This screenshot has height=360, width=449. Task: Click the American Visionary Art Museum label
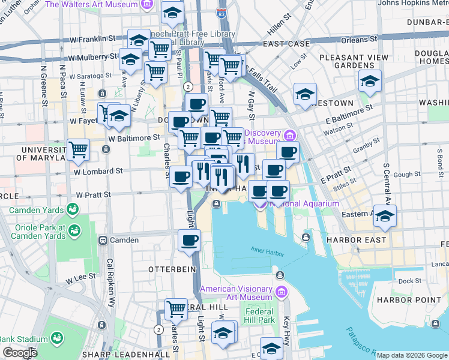pos(235,293)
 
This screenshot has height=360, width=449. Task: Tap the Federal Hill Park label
pos(259,316)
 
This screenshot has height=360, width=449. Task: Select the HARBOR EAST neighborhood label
pos(352,239)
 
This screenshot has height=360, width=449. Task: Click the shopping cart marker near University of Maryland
pos(78,150)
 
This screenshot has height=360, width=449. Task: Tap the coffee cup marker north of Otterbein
pos(189,241)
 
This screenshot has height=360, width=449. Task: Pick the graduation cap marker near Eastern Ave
pos(384,216)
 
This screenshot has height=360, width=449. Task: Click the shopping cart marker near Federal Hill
pos(176,310)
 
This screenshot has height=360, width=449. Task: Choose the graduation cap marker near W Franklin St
pos(139,40)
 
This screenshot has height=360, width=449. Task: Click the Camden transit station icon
pos(103,240)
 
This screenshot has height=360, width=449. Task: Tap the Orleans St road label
pos(359,40)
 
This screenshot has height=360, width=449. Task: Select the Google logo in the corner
pos(20,353)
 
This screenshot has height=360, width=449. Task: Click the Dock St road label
pos(409,280)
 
